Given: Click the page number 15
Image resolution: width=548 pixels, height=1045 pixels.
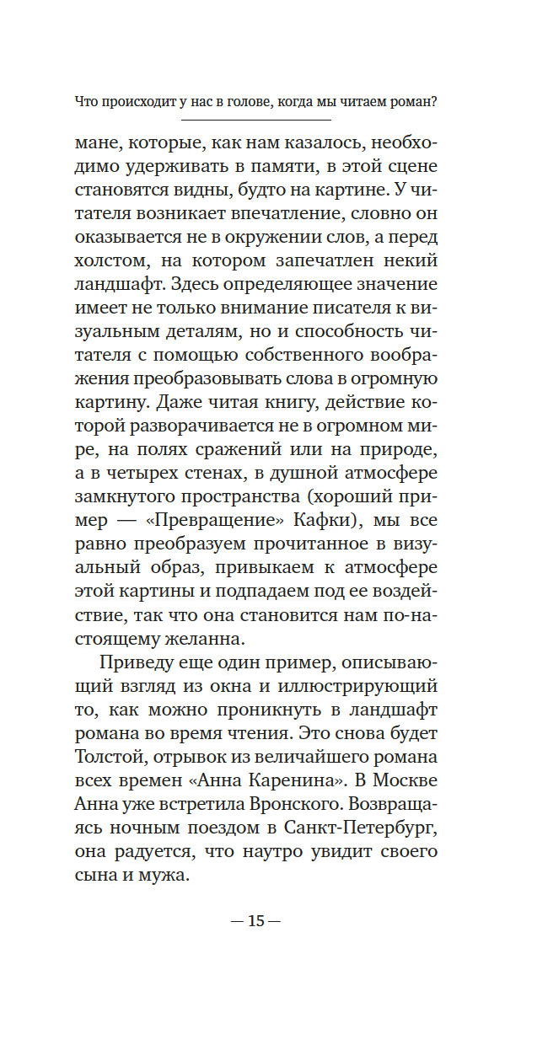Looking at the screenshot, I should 255,920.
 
